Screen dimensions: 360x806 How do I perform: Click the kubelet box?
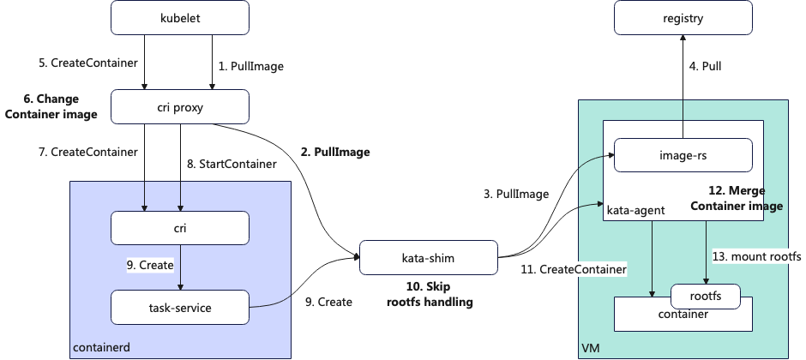(x=180, y=18)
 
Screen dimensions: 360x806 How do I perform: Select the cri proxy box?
(x=180, y=106)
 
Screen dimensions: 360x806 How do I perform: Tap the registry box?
(x=683, y=18)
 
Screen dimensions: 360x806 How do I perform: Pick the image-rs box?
(x=683, y=157)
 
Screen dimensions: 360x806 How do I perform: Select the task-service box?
(x=180, y=306)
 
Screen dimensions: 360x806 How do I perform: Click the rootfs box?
(x=705, y=296)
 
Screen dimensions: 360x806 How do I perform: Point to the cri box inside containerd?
(x=180, y=227)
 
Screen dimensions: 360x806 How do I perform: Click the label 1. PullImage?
(x=251, y=65)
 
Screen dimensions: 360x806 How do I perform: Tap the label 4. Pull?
(x=706, y=65)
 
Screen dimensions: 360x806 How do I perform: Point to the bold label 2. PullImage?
(x=335, y=153)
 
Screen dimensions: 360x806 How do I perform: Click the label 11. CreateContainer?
(x=573, y=269)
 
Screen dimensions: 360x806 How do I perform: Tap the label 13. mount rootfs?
(x=756, y=256)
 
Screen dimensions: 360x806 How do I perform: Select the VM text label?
(x=590, y=348)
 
